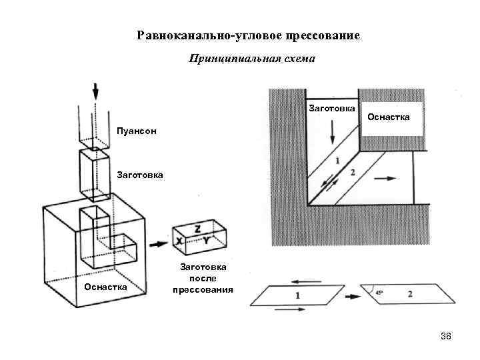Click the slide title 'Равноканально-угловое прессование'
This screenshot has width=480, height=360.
pyautogui.click(x=248, y=35)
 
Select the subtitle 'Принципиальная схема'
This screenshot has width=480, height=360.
pyautogui.click(x=251, y=59)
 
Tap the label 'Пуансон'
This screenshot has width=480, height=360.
pyautogui.click(x=137, y=131)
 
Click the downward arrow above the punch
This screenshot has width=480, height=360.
pyautogui.click(x=95, y=91)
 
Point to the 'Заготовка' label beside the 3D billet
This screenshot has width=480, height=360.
pyautogui.click(x=139, y=175)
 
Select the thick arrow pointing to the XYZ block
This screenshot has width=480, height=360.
pyautogui.click(x=158, y=244)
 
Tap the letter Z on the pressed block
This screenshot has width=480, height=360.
pyautogui.click(x=197, y=229)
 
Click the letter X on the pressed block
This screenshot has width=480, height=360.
pyautogui.click(x=180, y=240)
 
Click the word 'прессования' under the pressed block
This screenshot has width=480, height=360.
pyautogui.click(x=203, y=290)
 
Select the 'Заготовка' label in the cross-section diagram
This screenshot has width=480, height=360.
pyautogui.click(x=331, y=108)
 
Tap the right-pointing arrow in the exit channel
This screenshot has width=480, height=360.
pyautogui.click(x=385, y=178)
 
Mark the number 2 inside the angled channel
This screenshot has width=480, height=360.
pyautogui.click(x=352, y=173)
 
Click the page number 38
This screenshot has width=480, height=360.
pyautogui.click(x=446, y=336)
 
